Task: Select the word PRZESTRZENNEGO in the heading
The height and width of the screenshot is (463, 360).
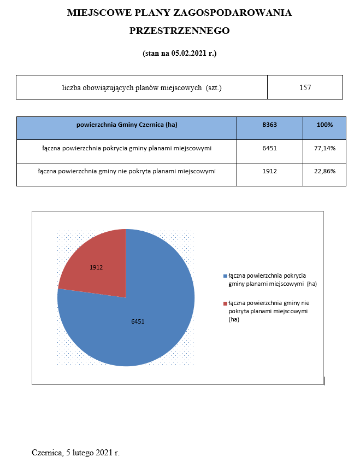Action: point(180,31)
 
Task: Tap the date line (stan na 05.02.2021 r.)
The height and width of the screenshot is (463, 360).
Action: point(180,53)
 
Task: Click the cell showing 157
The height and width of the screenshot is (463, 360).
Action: point(305,87)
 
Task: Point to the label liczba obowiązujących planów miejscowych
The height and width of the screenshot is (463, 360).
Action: point(141,87)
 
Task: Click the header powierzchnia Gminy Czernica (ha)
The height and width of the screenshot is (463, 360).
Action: point(127,125)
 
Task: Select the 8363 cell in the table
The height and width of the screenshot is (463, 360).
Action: point(269,125)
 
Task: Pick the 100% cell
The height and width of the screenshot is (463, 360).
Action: point(325,125)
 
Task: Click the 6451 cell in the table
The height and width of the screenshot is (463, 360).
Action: point(269,148)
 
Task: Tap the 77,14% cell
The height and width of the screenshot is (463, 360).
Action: point(325,148)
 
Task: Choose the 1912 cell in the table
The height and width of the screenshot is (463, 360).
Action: point(269,171)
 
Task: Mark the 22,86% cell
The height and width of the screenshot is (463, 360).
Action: point(325,171)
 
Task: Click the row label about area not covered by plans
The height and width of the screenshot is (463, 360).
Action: point(127,171)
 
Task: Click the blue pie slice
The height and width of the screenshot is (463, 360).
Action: point(142,323)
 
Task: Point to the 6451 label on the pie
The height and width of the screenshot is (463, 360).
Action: point(138,322)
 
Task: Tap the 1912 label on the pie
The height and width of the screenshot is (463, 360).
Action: point(96,268)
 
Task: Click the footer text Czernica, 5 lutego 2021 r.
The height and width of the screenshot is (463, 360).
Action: point(75,453)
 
